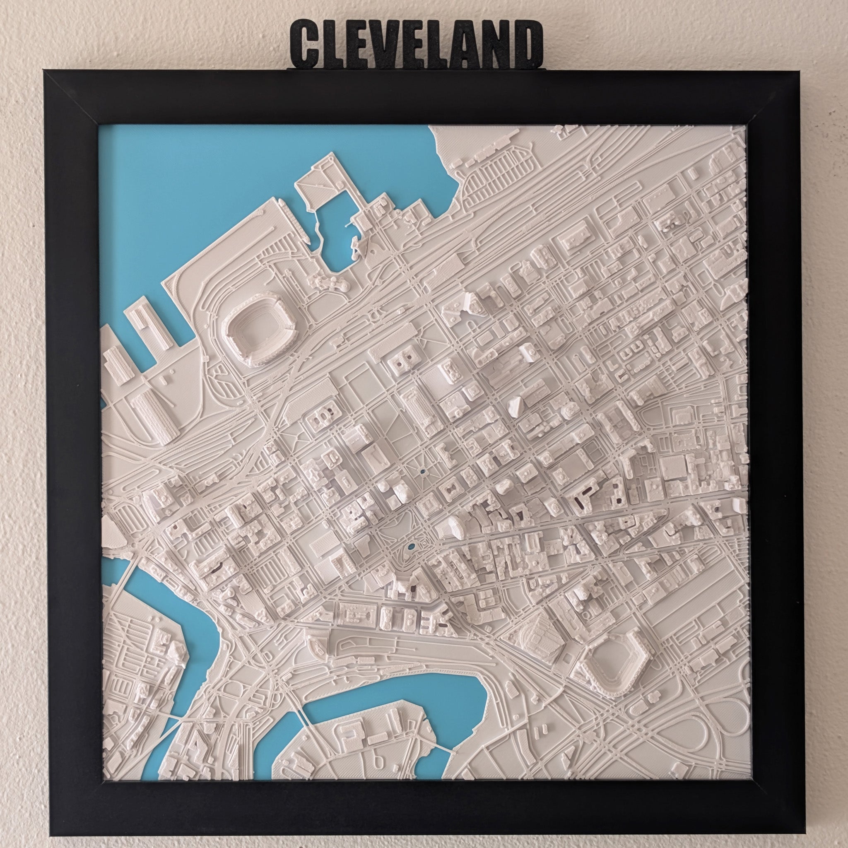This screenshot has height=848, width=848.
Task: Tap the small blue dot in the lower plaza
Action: click(x=411, y=547)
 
